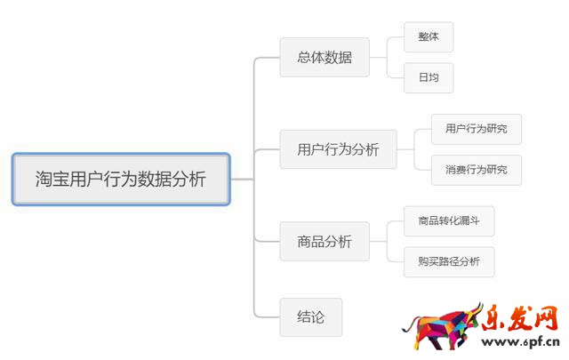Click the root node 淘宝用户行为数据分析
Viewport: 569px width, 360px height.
(121, 179)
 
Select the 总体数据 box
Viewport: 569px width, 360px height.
(325, 58)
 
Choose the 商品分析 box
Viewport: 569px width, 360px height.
(325, 241)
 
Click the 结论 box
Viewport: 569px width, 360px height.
(310, 316)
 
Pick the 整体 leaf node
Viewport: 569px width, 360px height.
(429, 37)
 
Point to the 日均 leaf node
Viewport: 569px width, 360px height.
(429, 77)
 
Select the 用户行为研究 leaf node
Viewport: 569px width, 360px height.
(476, 129)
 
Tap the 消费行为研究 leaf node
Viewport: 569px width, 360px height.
(476, 170)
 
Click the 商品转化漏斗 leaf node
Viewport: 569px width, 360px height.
(449, 221)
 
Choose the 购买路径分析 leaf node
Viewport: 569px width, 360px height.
(448, 261)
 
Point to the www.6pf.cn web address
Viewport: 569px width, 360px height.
(519, 341)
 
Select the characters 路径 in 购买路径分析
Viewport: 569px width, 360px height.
(448, 261)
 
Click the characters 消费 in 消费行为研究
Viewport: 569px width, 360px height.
(454, 170)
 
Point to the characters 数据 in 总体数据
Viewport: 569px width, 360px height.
(339, 58)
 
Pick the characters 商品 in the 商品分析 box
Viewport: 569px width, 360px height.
(310, 241)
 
